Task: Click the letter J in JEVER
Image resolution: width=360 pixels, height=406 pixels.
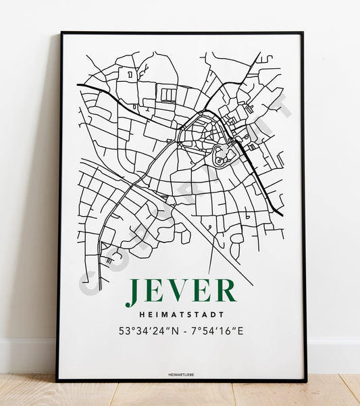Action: [132, 290]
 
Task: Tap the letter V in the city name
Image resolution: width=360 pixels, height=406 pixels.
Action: [180, 290]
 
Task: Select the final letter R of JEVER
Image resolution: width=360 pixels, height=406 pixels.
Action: [226, 290]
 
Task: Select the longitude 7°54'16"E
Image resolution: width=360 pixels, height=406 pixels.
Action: [215, 332]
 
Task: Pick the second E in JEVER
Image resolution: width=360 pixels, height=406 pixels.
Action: [203, 290]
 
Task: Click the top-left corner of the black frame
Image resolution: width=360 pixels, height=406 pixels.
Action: [61, 32]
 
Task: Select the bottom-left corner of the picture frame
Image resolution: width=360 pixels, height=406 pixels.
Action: [57, 380]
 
